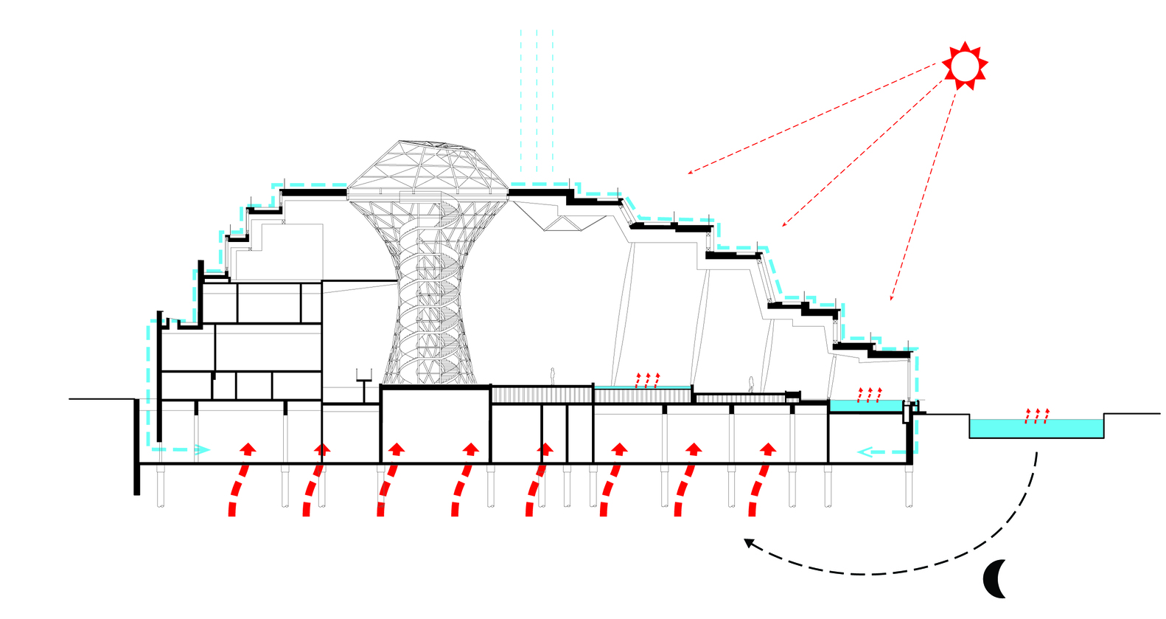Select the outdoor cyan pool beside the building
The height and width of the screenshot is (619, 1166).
1036,429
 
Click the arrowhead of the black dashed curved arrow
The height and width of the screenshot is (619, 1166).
748,542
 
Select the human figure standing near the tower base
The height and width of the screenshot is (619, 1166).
552,376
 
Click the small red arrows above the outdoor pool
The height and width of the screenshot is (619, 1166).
1037,415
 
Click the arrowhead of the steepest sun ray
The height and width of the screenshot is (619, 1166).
892,299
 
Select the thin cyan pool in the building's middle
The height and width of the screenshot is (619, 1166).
642,387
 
